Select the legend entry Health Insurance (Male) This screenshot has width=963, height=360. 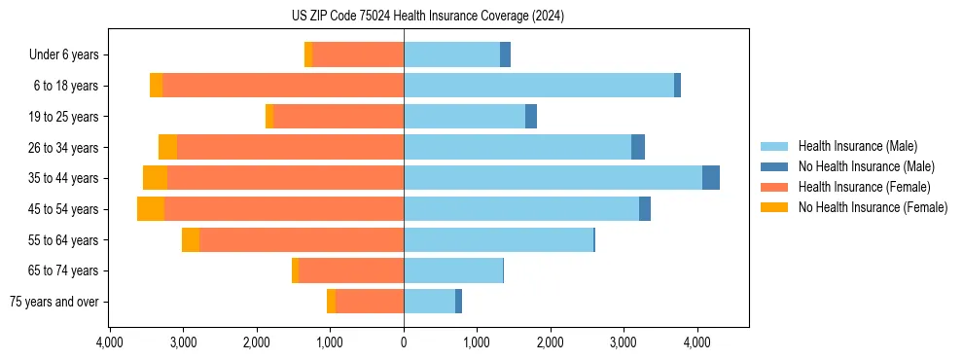(857, 146)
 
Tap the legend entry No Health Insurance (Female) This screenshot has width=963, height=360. (873, 207)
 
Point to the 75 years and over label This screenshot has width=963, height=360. (54, 302)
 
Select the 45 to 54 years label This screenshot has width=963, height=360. (64, 209)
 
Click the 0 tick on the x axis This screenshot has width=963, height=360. (404, 342)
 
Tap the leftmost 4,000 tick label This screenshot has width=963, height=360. (110, 342)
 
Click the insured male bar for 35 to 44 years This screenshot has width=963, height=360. (553, 178)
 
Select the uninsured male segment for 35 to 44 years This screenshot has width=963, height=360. (711, 178)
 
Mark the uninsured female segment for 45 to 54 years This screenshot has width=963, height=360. (151, 209)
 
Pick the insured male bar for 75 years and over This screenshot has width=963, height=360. (429, 302)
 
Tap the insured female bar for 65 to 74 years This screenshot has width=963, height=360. (351, 270)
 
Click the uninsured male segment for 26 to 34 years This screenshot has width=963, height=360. (638, 148)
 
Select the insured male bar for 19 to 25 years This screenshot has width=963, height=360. (464, 117)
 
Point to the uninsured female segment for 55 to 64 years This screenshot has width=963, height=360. (191, 240)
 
